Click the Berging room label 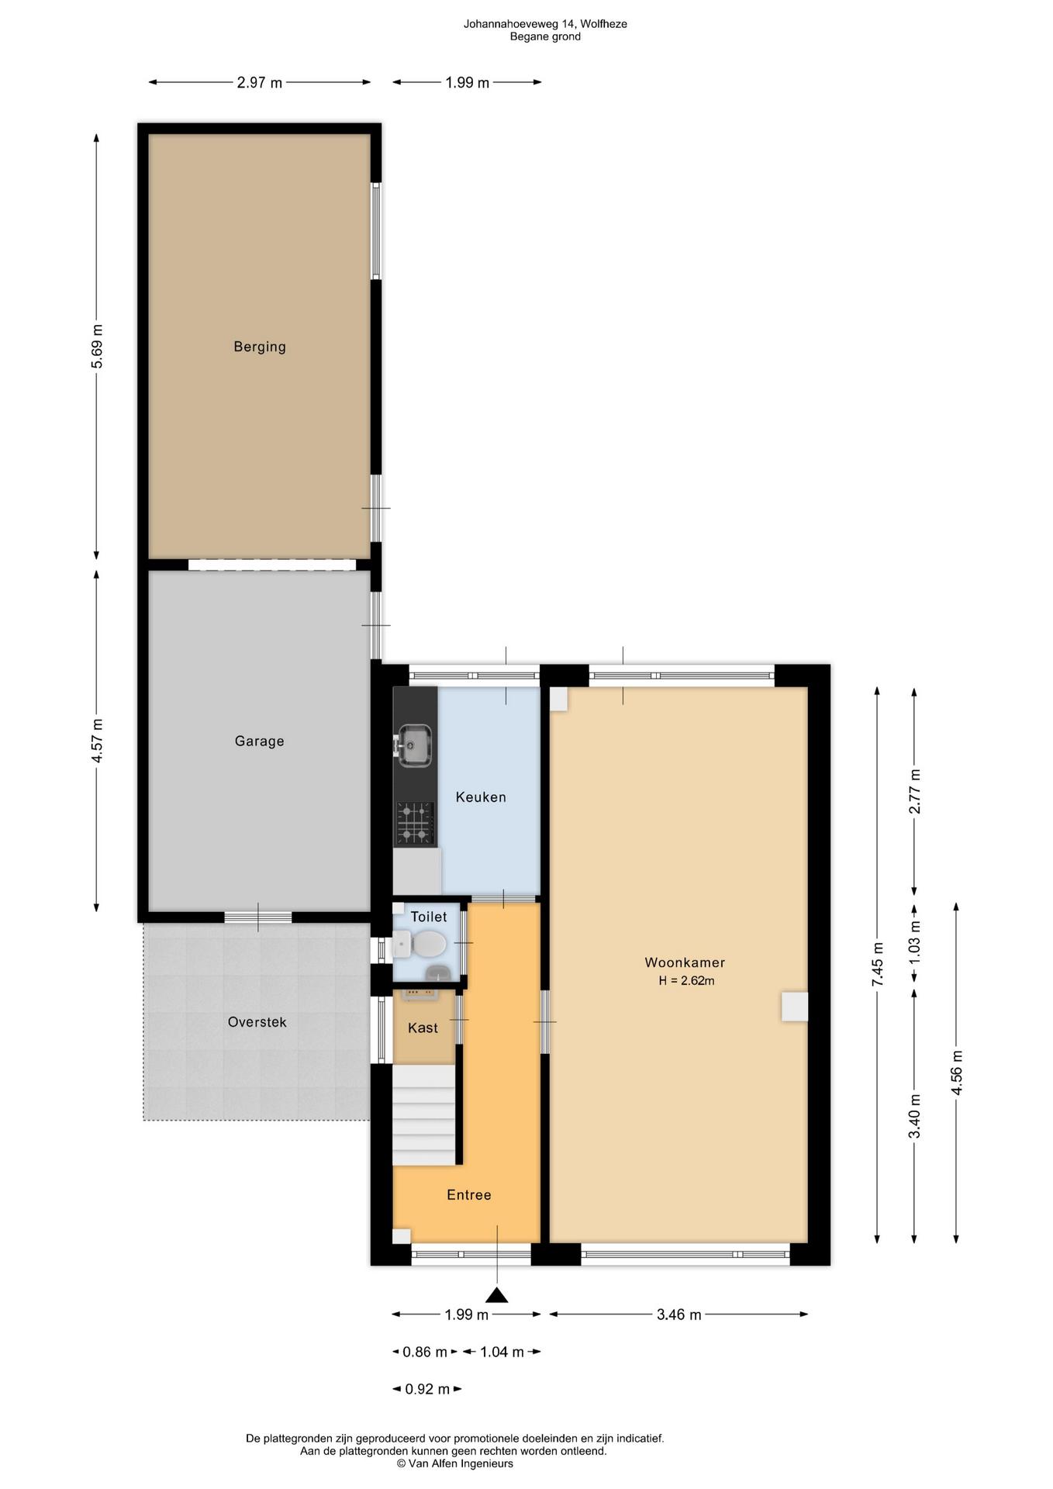point(260,347)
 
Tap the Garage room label point(260,741)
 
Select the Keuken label point(481,797)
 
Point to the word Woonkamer point(685,962)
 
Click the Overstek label point(257,1022)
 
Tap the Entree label point(469,1195)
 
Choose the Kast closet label point(423,1028)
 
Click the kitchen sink point(413,746)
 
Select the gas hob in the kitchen point(415,823)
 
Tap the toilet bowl point(426,945)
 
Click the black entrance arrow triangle point(497,1295)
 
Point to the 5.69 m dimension point(97,347)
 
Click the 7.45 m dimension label point(878,964)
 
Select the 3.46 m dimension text point(679,1315)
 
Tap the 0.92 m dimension point(427,1389)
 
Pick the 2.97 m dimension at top point(260,82)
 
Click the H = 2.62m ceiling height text point(686,981)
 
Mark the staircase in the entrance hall point(423,1114)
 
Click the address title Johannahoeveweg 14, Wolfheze point(545,24)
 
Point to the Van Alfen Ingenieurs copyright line point(455,1464)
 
